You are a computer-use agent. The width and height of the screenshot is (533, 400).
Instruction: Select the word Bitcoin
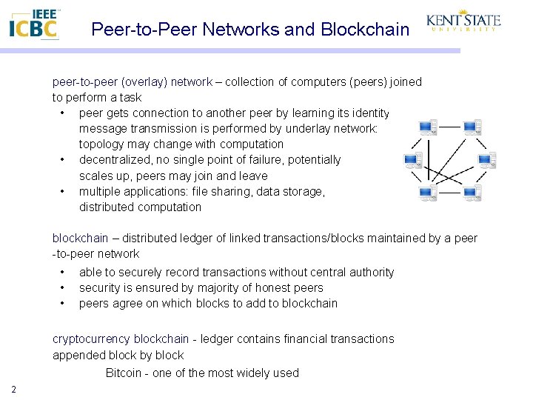[123, 373]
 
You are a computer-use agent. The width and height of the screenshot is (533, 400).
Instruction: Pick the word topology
[101, 144]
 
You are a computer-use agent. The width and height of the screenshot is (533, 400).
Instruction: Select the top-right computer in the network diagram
[472, 128]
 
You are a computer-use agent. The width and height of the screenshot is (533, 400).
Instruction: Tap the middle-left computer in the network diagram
[413, 161]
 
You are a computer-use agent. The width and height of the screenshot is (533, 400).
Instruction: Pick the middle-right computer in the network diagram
[487, 161]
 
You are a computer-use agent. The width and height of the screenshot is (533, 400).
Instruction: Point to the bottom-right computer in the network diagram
[472, 193]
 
